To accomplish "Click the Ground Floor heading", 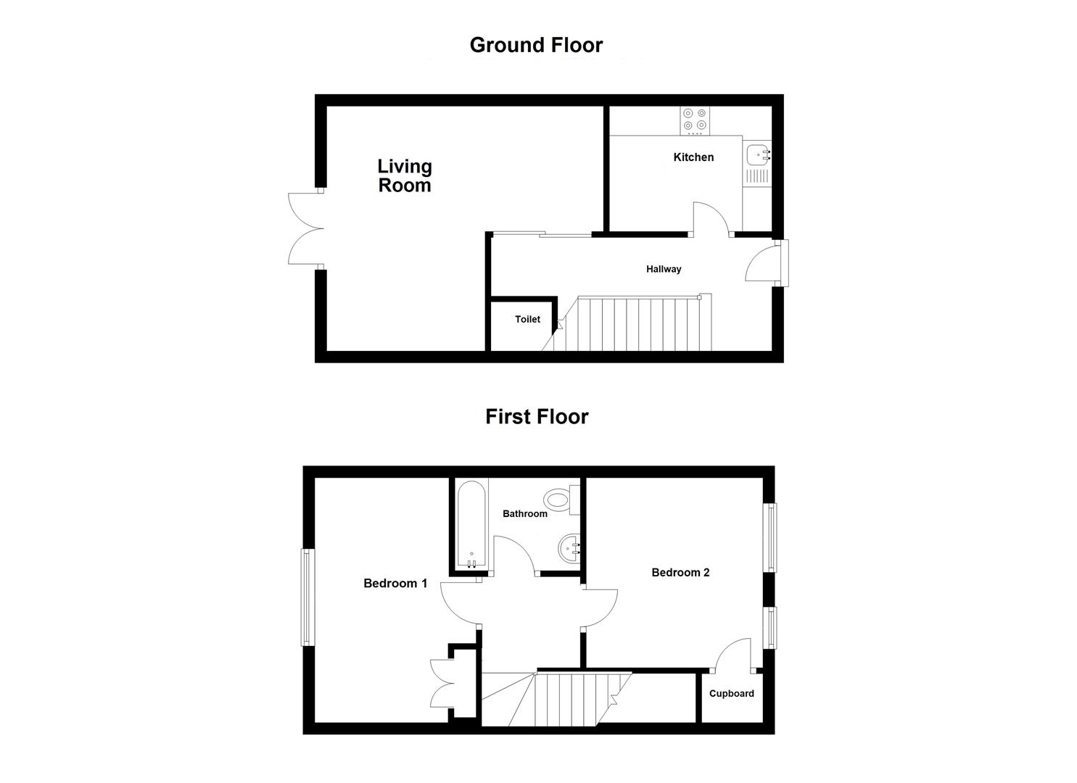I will click(x=536, y=45).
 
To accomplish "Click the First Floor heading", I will click(x=537, y=417).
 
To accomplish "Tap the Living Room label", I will click(x=405, y=176).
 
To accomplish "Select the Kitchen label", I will click(x=693, y=157).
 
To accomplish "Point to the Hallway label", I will click(x=664, y=269).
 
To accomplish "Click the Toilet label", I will click(x=527, y=319).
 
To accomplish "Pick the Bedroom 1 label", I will click(x=395, y=583).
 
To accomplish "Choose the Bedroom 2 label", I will click(x=680, y=573).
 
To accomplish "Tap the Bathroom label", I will click(x=525, y=514).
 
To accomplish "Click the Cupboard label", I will click(x=731, y=694).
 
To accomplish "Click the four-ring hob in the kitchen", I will click(x=695, y=120).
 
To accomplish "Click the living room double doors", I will click(x=305, y=228).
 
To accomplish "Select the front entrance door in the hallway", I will click(x=763, y=262).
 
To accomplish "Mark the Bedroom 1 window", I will click(x=308, y=597).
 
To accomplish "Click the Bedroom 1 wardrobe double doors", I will click(x=441, y=683).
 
